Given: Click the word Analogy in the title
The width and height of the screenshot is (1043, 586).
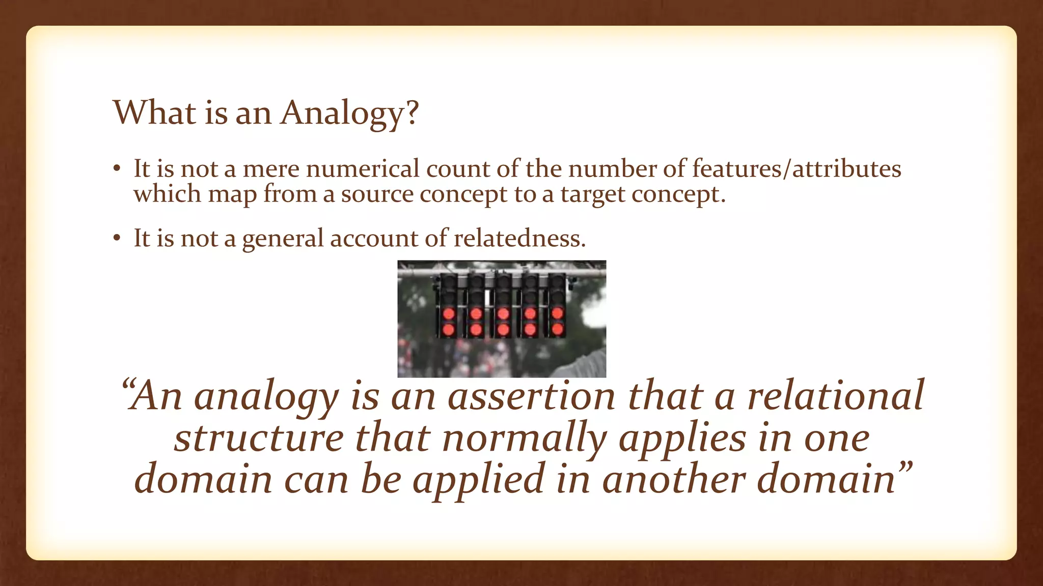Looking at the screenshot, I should (342, 113).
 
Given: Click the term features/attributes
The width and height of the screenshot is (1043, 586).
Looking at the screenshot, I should (797, 169).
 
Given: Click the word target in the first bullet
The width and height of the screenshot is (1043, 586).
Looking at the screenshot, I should (592, 194).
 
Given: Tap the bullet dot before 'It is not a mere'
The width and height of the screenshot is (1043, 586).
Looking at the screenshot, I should (117, 169).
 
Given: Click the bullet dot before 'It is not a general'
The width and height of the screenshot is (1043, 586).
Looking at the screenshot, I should (117, 238).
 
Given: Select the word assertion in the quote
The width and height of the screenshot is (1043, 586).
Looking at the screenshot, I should (532, 396).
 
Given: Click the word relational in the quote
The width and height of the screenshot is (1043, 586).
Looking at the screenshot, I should (835, 396).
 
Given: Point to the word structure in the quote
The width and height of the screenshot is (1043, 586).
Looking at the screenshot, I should (259, 437).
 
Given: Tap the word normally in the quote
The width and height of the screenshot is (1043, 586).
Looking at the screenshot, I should (525, 437).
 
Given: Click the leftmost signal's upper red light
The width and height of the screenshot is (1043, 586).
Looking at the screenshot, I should (449, 313).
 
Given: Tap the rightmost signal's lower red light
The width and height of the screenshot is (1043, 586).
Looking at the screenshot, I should (558, 330).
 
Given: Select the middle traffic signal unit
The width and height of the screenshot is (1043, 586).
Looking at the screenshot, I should (503, 305).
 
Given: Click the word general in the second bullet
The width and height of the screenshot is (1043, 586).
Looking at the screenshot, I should (283, 238).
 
